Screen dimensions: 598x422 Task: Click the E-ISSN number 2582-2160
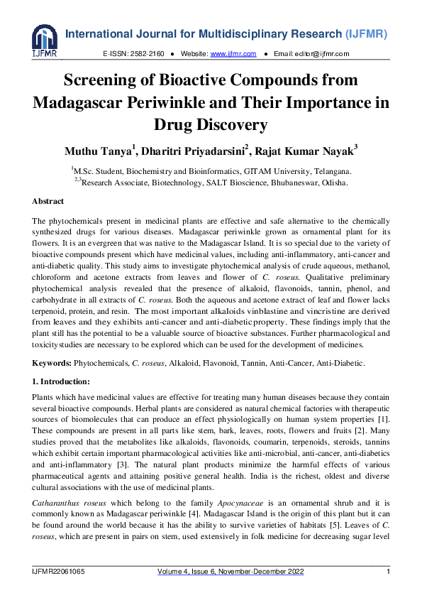click(148, 54)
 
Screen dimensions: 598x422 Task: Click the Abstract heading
click(48, 201)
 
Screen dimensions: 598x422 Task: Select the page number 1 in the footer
click(388, 572)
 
